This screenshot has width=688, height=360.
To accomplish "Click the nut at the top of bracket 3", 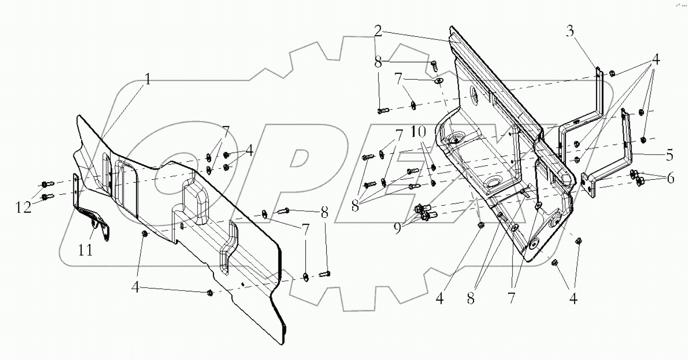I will coord(611,74).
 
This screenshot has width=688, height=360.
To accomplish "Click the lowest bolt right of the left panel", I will coord(325,275).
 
